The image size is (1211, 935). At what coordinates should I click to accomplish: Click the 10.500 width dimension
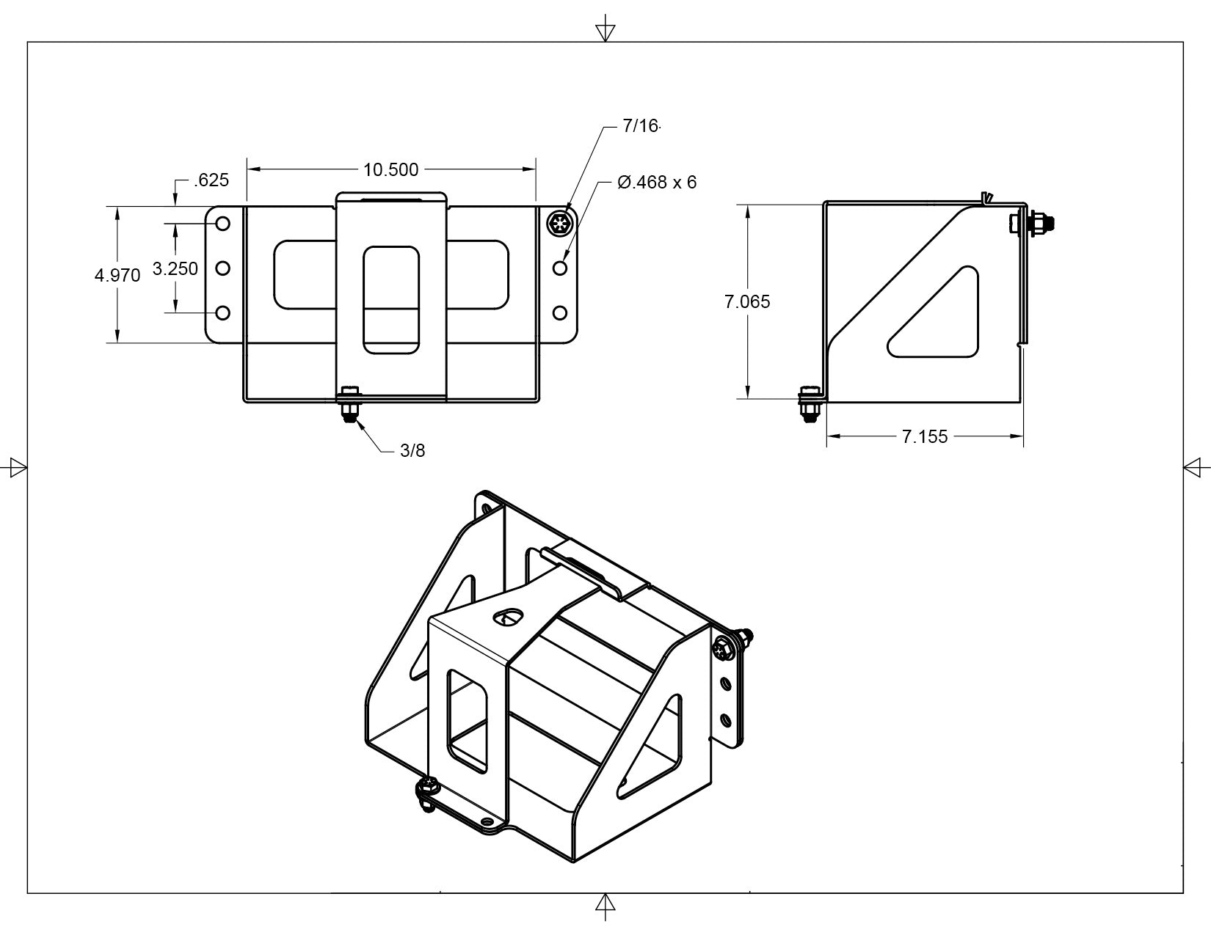390,170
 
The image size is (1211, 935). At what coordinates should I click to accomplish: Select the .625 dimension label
211,180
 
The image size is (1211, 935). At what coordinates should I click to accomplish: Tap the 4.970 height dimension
117,276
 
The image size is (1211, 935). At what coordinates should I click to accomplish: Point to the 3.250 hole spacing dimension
175,269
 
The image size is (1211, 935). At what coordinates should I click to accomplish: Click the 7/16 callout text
641,126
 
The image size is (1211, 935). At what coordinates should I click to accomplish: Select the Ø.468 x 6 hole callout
657,182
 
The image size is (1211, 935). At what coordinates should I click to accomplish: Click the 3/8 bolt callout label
412,450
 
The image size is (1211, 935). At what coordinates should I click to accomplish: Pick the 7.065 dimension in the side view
747,301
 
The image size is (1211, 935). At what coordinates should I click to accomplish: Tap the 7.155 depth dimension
925,437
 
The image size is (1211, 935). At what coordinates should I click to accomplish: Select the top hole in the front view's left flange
222,223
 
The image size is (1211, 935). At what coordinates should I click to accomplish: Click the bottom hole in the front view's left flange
222,313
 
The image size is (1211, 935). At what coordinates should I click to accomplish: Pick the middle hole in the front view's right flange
560,268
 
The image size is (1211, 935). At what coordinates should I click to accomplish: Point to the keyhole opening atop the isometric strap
507,617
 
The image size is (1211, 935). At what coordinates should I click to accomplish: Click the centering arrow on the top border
605,32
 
